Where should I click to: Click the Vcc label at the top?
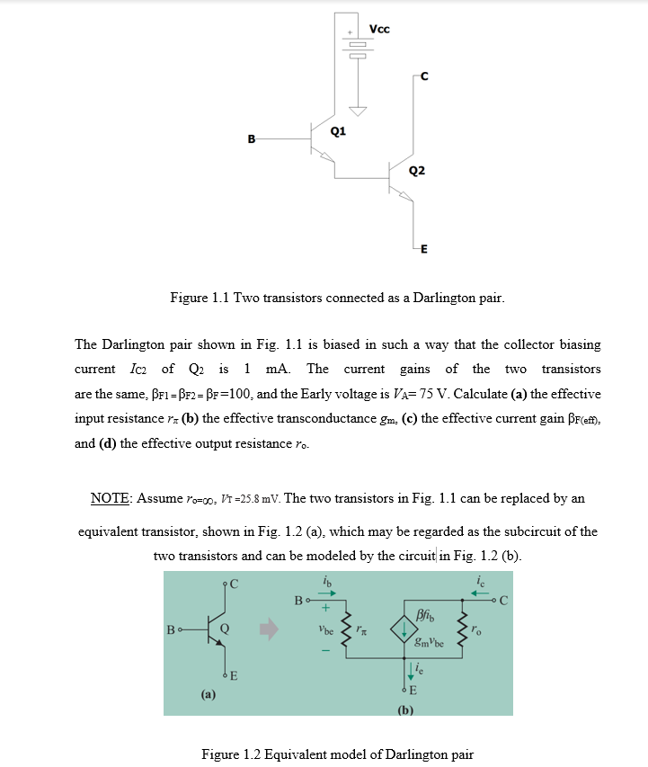[x=380, y=29]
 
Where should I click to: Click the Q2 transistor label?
[x=416, y=171]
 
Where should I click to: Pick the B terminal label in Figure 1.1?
[x=252, y=139]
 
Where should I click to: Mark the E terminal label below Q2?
[x=423, y=250]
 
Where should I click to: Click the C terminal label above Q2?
[x=424, y=76]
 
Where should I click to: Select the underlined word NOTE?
[x=111, y=498]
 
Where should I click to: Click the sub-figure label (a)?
[x=208, y=694]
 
